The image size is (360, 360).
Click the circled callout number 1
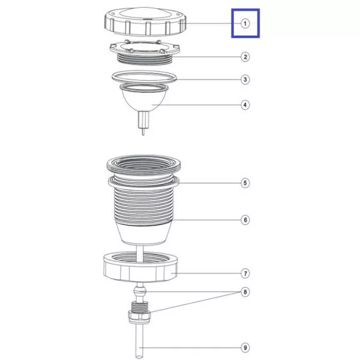click(245, 23)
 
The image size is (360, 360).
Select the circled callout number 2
click(245, 57)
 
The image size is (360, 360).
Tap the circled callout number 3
click(245, 79)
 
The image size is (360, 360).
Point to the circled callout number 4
click(245, 105)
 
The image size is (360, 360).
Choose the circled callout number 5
click(245, 183)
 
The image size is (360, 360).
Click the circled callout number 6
click(245, 220)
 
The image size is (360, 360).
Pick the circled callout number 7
click(245, 273)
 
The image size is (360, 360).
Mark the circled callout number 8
click(245, 292)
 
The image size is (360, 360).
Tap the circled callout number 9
click(245, 347)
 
